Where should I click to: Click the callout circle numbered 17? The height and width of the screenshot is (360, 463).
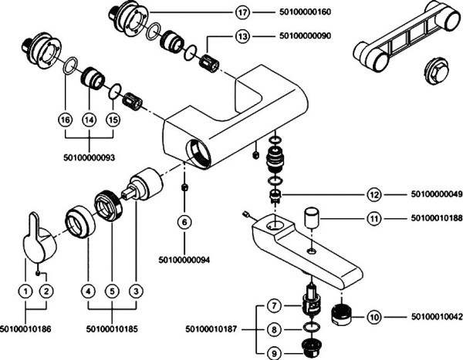[x=242, y=12]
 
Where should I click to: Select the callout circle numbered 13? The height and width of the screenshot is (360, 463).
[x=242, y=36]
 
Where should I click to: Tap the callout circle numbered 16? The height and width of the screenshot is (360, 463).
[x=65, y=120]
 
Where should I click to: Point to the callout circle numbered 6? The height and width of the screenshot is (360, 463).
[x=184, y=221]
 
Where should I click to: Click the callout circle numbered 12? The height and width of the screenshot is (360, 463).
[x=373, y=194]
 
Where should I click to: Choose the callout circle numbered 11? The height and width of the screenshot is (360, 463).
[x=373, y=219]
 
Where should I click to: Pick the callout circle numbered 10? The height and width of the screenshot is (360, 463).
[x=373, y=316]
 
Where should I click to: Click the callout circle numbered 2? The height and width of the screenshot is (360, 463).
[x=47, y=291]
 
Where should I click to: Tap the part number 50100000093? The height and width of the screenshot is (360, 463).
[x=90, y=157]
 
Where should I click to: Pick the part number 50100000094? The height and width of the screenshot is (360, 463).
[x=184, y=259]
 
